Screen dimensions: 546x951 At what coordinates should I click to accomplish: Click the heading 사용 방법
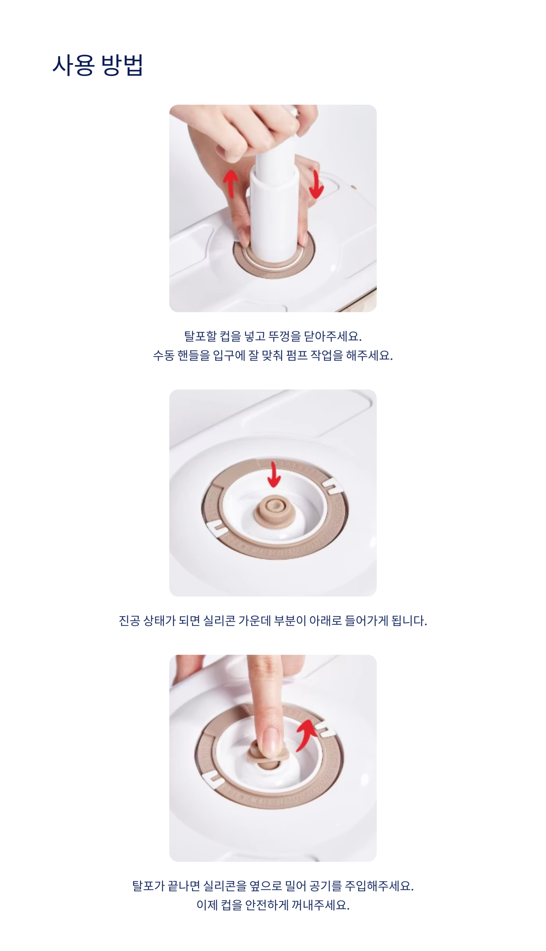click(98, 65)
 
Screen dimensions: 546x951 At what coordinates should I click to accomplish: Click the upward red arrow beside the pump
click(231, 183)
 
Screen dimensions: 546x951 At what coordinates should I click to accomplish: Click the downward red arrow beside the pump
click(316, 184)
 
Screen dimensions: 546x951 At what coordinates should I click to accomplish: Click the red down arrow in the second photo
click(274, 474)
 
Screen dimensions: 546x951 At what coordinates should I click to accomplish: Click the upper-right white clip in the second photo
click(332, 486)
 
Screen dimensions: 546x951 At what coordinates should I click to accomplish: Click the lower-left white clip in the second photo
click(216, 529)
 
